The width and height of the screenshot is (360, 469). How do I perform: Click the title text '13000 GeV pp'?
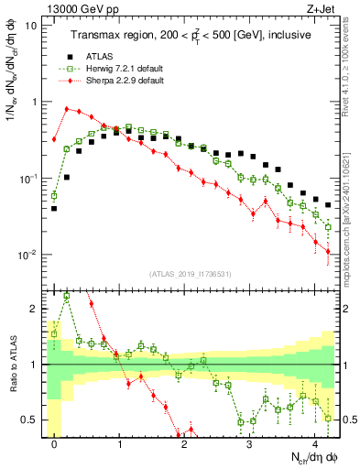(x=75, y=8)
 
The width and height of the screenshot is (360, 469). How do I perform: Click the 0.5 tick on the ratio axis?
(x=33, y=420)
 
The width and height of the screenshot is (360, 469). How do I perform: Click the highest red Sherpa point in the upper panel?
(x=67, y=109)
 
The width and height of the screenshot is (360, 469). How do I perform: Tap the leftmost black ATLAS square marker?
(x=54, y=208)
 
